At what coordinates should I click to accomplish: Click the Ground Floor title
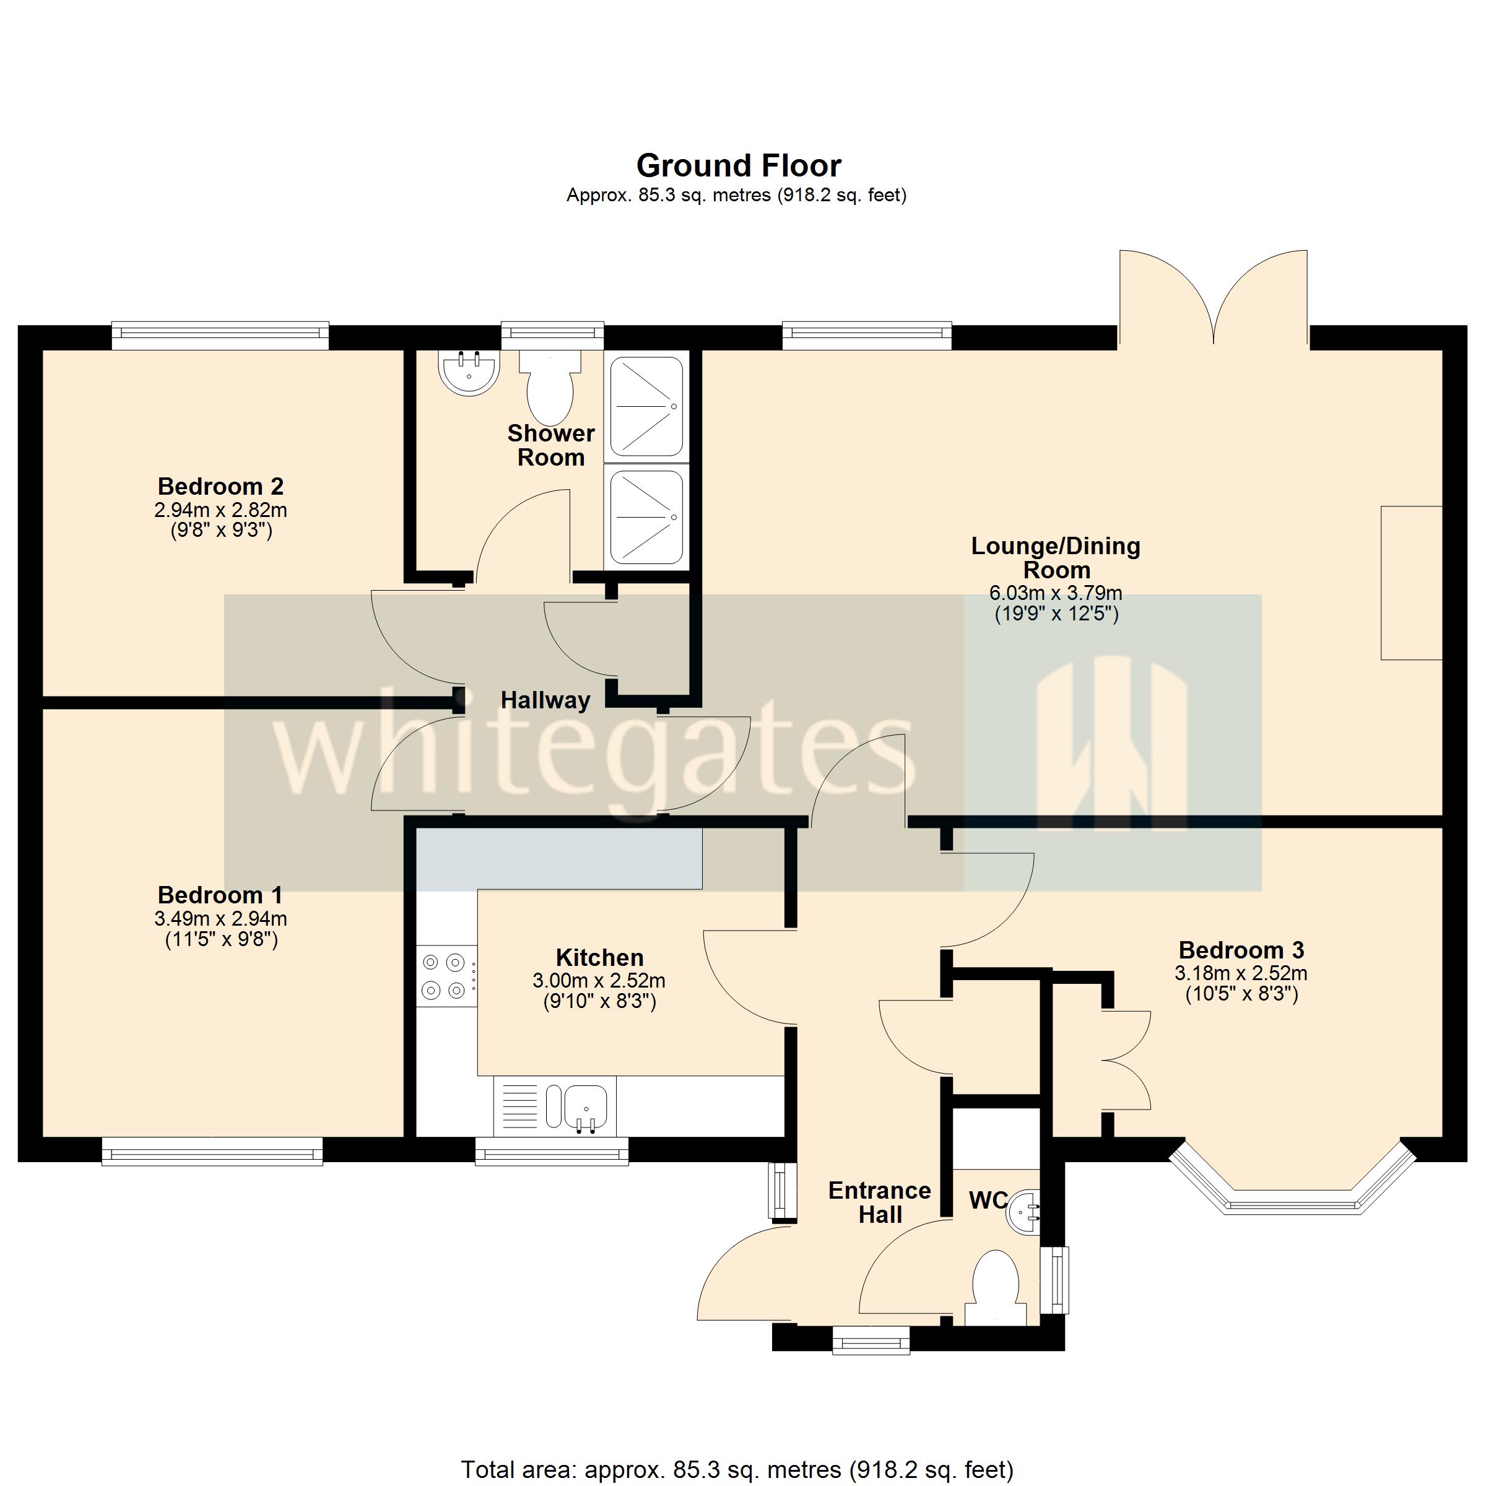[739, 165]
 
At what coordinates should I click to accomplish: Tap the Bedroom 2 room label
[221, 486]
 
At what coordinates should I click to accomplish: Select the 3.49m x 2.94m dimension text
[221, 918]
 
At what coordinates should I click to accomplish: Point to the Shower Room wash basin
[469, 371]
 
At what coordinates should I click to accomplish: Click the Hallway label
[545, 700]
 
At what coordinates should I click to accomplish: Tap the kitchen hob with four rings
[445, 976]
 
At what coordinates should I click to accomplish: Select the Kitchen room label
[599, 958]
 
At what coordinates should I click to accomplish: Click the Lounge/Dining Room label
[1055, 558]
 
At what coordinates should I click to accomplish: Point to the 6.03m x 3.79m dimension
[1055, 593]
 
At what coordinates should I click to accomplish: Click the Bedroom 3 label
[1241, 950]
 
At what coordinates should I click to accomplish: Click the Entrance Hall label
[879, 1202]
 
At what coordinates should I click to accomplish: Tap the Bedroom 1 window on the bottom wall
[212, 1154]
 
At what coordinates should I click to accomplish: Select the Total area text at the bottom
[737, 1470]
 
